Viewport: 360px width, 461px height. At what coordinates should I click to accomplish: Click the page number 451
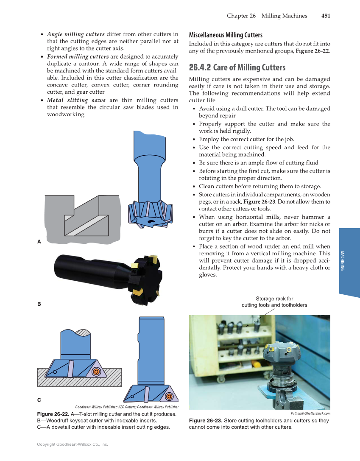[x=325, y=16]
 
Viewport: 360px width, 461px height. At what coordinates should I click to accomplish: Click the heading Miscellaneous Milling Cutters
[x=226, y=35]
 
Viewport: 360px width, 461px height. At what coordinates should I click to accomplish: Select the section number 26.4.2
[x=200, y=67]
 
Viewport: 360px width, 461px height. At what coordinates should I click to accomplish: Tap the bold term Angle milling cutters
[x=75, y=34]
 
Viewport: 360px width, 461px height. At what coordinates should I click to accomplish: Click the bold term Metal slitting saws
[x=76, y=100]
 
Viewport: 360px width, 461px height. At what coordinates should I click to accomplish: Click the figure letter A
[x=39, y=242]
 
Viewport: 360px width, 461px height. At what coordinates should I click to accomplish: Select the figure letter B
[x=39, y=304]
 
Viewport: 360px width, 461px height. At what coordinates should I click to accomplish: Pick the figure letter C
[x=39, y=400]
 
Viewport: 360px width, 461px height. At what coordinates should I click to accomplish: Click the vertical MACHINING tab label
[x=343, y=261]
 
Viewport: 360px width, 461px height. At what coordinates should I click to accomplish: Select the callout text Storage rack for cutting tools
[x=274, y=302]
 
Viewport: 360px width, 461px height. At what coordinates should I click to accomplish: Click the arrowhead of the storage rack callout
[x=247, y=326]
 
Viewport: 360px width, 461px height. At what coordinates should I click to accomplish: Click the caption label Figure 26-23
[x=205, y=421]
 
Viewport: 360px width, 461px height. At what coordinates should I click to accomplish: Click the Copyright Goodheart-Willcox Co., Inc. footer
[x=73, y=444]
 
